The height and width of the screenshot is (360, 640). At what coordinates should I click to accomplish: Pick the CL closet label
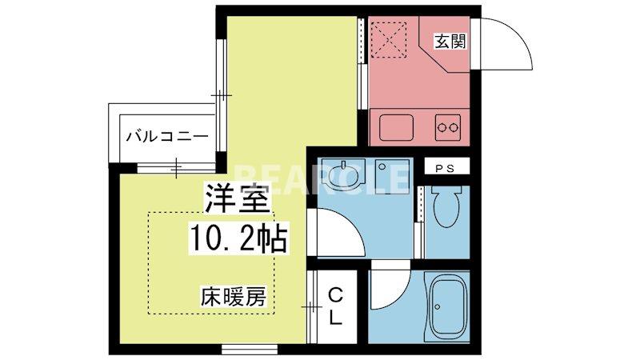coord(335,306)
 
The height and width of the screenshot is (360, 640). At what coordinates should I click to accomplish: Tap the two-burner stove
coord(447,126)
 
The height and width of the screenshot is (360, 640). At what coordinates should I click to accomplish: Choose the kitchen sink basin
coord(395,126)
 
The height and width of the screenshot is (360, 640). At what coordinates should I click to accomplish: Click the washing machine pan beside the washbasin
coord(390,176)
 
